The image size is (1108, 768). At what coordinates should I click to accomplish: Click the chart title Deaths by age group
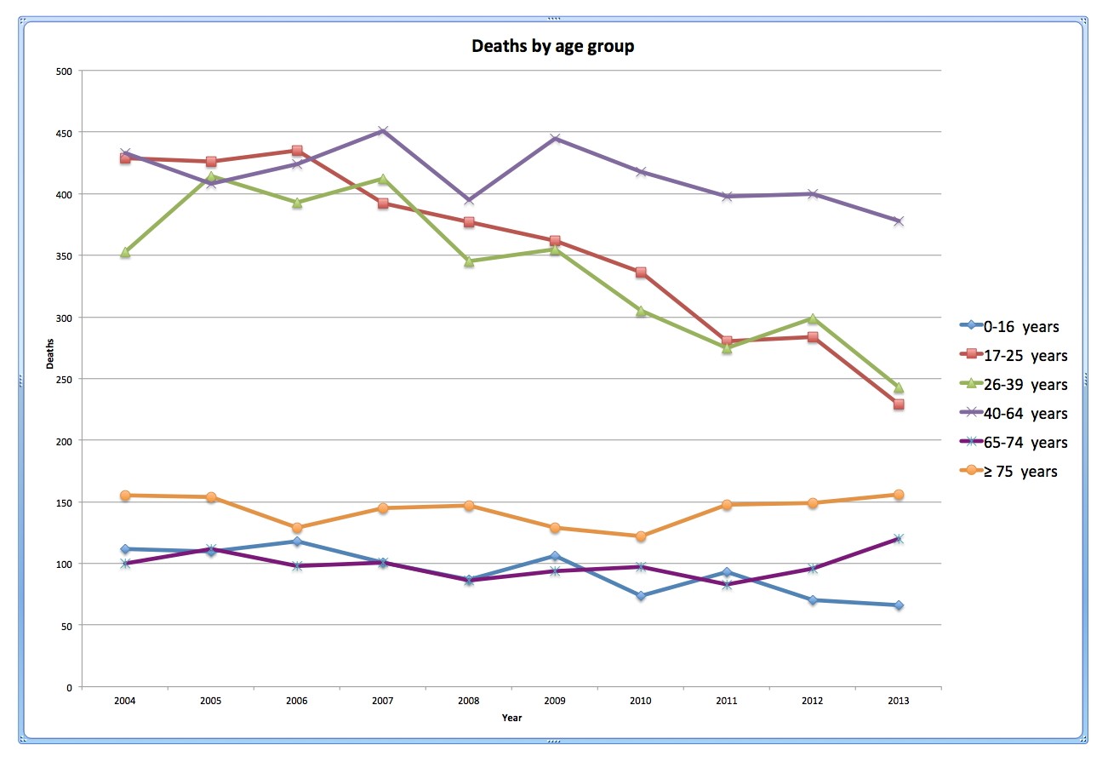pyautogui.click(x=553, y=46)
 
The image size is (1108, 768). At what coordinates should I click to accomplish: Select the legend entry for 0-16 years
pyautogui.click(x=1020, y=326)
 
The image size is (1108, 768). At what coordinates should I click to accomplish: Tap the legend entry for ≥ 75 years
pyautogui.click(x=1020, y=471)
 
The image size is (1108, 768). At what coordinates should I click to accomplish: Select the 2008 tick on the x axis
pyautogui.click(x=469, y=701)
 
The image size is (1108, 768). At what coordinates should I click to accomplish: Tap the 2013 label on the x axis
pyautogui.click(x=898, y=701)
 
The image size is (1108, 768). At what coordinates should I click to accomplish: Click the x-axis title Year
pyautogui.click(x=511, y=718)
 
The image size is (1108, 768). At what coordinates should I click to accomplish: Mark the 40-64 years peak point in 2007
pyautogui.click(x=383, y=131)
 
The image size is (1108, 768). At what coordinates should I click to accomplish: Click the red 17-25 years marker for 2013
pyautogui.click(x=899, y=404)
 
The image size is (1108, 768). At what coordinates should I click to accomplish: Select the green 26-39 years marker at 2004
pyautogui.click(x=125, y=252)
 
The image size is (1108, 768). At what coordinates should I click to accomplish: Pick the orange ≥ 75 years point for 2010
pyautogui.click(x=641, y=536)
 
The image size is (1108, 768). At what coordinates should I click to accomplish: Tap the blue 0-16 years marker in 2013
pyautogui.click(x=899, y=605)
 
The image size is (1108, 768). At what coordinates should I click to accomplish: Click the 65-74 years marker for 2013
pyautogui.click(x=899, y=539)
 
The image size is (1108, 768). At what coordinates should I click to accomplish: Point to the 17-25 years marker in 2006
pyautogui.click(x=297, y=151)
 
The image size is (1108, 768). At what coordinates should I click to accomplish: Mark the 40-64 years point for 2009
pyautogui.click(x=555, y=139)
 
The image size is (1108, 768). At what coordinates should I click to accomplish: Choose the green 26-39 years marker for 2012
pyautogui.click(x=813, y=318)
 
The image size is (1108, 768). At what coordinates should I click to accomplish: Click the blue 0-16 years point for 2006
pyautogui.click(x=297, y=542)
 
